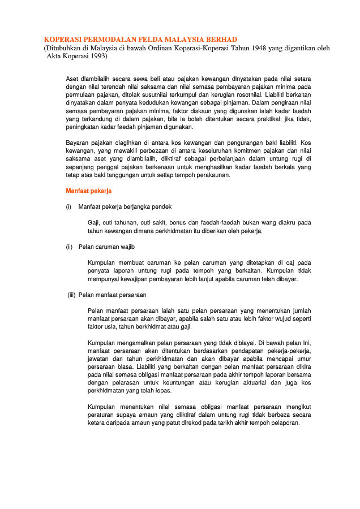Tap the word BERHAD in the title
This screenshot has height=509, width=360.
click(x=222, y=40)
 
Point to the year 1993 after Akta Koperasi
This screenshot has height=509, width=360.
click(x=96, y=57)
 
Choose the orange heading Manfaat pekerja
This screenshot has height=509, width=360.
click(x=89, y=191)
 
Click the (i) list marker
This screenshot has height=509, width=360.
click(x=69, y=206)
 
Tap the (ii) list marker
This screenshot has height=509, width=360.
click(x=70, y=247)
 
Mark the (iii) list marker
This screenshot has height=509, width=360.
click(x=71, y=295)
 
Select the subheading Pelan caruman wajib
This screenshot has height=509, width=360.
click(x=106, y=247)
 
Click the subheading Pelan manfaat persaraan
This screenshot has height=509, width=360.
click(x=113, y=295)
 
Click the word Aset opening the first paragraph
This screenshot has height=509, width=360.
click(x=72, y=78)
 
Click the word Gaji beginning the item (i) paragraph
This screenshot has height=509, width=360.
click(x=94, y=223)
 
